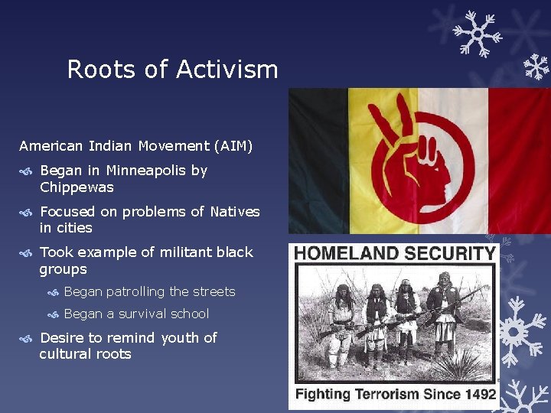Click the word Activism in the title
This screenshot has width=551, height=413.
pyautogui.click(x=227, y=70)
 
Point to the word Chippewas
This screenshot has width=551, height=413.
pyautogui.click(x=77, y=187)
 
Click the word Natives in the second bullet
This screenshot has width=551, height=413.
pyautogui.click(x=235, y=211)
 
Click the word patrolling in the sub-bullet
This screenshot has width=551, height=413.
pyautogui.click(x=135, y=291)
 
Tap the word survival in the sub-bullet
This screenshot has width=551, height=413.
pyautogui.click(x=139, y=314)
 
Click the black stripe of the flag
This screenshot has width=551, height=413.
pyautogui.click(x=318, y=161)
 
